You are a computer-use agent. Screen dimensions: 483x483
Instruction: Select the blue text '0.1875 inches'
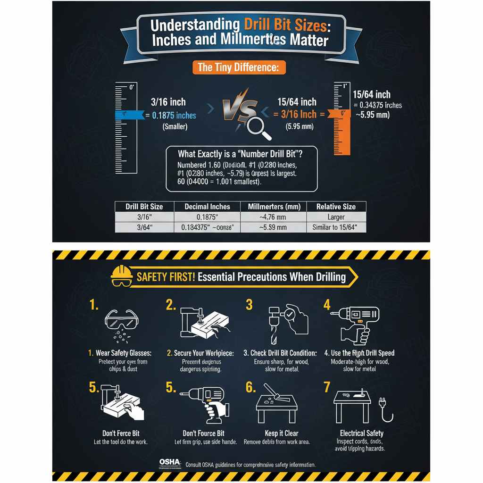point(174,116)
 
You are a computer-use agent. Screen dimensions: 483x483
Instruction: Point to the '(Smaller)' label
point(175,127)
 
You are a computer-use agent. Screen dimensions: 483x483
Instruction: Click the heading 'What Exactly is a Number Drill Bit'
point(241,154)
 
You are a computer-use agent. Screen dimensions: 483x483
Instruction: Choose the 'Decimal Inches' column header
point(208,207)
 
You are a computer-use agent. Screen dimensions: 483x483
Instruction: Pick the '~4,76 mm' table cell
point(273,217)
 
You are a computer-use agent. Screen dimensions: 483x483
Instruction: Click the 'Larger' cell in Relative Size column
point(335,217)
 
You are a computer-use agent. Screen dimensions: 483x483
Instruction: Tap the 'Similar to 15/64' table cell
point(335,227)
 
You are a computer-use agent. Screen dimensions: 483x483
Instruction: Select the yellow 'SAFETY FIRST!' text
point(166,277)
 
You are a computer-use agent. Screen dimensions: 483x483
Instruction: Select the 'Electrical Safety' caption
point(361,433)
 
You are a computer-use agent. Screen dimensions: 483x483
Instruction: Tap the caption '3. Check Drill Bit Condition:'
point(280,353)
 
